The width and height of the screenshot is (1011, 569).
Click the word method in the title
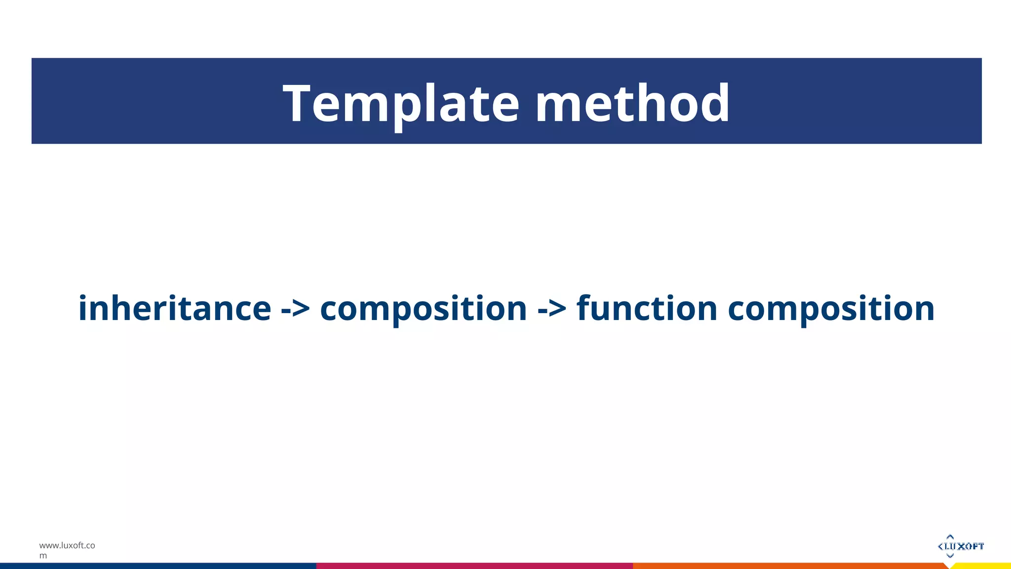click(x=632, y=104)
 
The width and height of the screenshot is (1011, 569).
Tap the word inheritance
click(x=175, y=308)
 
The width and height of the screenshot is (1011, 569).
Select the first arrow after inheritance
click(x=295, y=309)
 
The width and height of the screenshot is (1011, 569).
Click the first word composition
click(x=424, y=309)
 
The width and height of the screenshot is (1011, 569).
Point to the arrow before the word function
click(x=552, y=309)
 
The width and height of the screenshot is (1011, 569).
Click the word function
click(x=647, y=308)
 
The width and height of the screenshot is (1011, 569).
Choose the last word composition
click(x=831, y=309)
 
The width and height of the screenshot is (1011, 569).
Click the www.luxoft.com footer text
click(x=67, y=546)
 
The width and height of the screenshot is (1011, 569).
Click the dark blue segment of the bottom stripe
click(x=158, y=566)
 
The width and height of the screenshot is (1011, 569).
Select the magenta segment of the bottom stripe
click(x=474, y=566)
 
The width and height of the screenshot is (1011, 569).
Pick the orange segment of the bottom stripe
click(x=790, y=566)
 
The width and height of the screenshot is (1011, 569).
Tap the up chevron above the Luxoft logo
click(x=950, y=536)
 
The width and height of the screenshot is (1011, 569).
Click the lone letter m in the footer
click(x=43, y=556)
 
